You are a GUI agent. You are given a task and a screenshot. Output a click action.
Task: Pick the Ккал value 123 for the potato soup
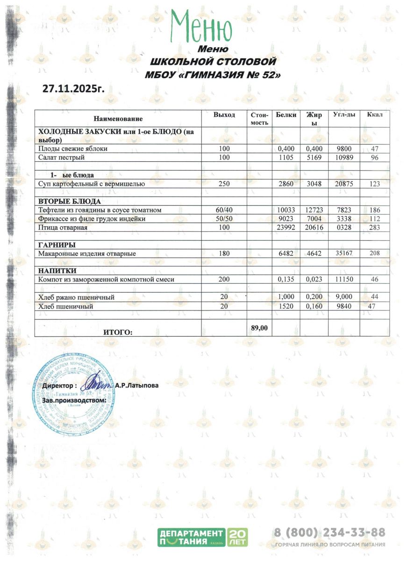374,184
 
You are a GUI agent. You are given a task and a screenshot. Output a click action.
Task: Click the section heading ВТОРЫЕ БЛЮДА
69,201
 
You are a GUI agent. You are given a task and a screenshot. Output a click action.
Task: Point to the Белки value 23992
285,228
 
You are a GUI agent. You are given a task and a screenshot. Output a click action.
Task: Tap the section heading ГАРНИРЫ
57,245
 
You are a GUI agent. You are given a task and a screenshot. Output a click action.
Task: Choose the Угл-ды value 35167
343,254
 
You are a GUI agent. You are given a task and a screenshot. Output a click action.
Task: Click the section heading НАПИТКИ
57,271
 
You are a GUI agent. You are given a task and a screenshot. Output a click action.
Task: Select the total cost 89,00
259,328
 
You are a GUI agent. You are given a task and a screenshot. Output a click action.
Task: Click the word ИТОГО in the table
117,332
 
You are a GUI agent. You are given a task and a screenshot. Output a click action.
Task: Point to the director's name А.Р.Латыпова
136,386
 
